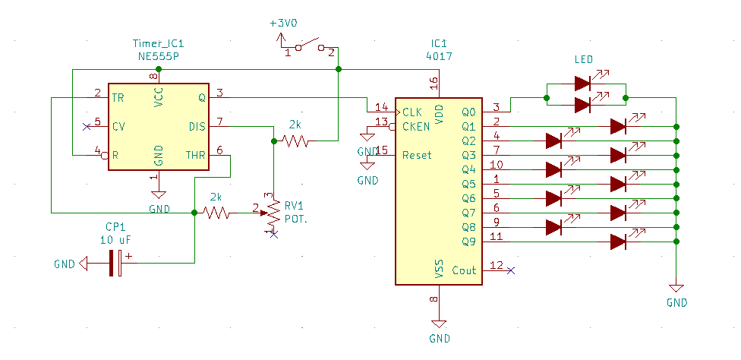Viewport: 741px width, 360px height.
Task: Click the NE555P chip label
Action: click(x=159, y=56)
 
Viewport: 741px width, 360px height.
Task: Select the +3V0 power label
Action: click(x=284, y=23)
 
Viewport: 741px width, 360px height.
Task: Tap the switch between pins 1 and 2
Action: click(x=309, y=46)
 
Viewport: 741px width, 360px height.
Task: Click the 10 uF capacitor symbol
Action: click(x=115, y=264)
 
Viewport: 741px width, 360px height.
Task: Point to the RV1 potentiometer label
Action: click(x=294, y=205)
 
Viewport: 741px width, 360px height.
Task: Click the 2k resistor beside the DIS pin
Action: click(x=295, y=141)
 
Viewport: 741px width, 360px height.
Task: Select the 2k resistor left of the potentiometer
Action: click(x=216, y=213)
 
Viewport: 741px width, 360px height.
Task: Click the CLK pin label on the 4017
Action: click(x=411, y=112)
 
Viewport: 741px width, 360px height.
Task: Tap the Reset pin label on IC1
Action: click(x=417, y=155)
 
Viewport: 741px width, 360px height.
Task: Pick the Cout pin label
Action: click(x=464, y=270)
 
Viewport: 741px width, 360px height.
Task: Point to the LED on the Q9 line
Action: click(x=619, y=242)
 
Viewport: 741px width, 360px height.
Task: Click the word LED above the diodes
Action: click(x=584, y=59)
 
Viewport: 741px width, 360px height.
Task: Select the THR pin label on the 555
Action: click(x=196, y=156)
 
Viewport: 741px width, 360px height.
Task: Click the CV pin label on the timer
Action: click(x=118, y=126)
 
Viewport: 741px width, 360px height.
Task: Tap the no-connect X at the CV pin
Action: click(x=86, y=126)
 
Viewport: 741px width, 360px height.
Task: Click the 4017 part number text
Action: click(x=440, y=56)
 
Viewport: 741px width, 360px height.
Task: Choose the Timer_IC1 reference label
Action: click(x=158, y=44)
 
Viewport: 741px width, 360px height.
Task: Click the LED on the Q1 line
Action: click(x=619, y=126)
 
